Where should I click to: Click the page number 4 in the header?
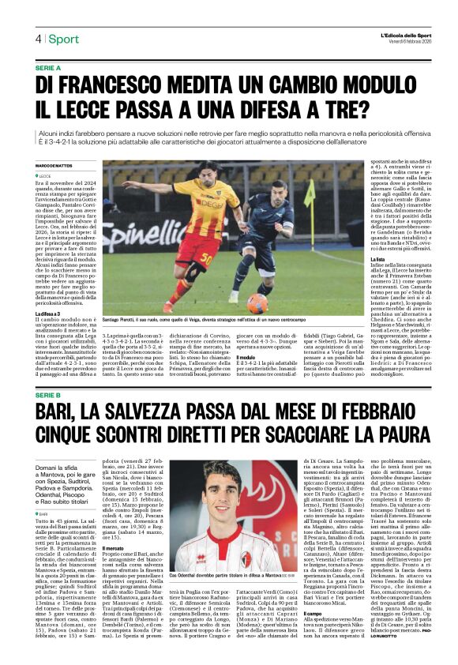(37, 39)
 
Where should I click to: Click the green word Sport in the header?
(63, 39)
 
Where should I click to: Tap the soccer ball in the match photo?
(257, 302)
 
